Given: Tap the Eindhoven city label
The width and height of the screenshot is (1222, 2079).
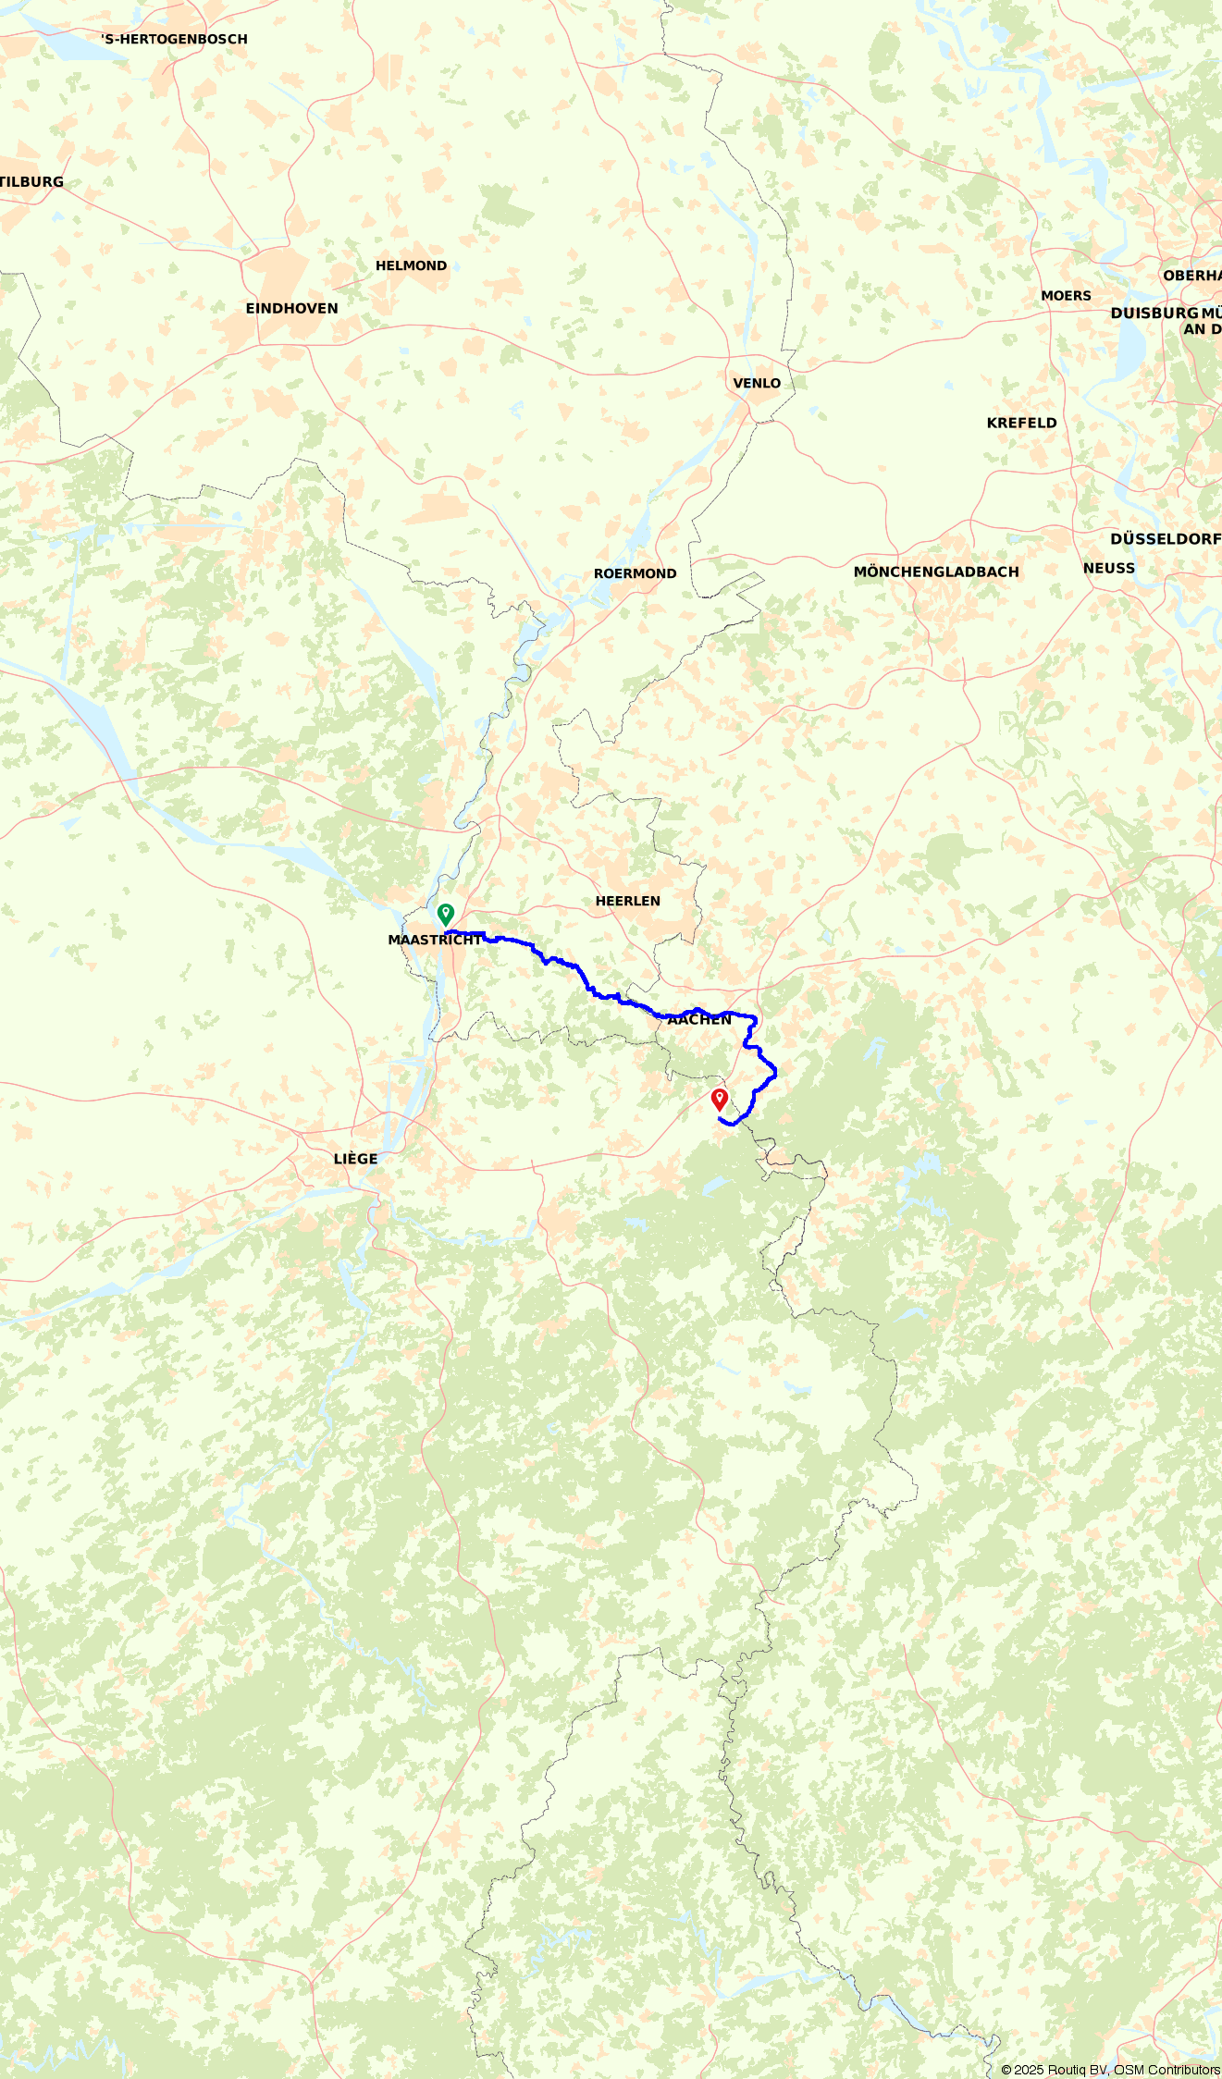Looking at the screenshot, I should (x=291, y=309).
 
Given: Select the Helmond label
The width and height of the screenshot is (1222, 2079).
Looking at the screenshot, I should (x=411, y=266).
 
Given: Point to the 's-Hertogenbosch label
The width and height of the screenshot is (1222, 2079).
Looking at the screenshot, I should (x=175, y=40).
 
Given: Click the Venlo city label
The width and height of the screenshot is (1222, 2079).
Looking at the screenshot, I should (x=757, y=384).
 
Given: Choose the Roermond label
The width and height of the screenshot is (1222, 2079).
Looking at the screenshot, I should (x=635, y=574).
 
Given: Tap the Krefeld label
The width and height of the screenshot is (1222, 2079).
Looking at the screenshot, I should (x=1021, y=424).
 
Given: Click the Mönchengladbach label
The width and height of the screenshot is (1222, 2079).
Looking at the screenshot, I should (x=936, y=572).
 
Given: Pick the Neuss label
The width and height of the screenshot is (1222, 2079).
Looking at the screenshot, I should (x=1108, y=569).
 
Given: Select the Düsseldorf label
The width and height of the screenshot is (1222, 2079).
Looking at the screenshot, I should (x=1165, y=539).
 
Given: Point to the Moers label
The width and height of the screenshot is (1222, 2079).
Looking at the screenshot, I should (x=1066, y=297).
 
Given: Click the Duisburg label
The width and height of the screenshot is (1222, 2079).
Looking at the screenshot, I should (x=1154, y=314).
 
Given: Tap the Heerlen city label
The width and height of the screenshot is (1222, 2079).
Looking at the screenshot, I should (x=627, y=902).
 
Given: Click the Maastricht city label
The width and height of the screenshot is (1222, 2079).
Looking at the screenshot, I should (x=434, y=941).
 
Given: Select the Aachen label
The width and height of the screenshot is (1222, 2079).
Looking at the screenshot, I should (x=699, y=1020).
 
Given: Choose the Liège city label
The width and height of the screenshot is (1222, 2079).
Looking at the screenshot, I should (x=355, y=1160).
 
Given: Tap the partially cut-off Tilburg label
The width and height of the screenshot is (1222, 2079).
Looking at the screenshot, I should (x=32, y=182).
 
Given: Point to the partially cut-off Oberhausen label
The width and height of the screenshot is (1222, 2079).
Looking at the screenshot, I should (x=1192, y=277).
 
